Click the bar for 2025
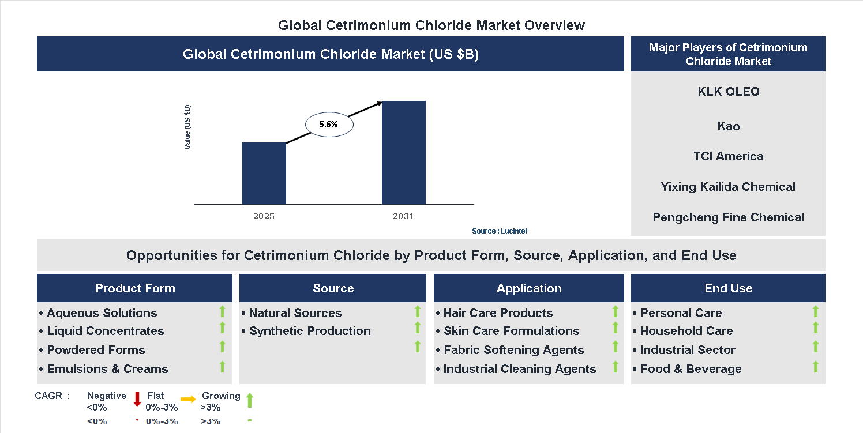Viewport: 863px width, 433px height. click(264, 173)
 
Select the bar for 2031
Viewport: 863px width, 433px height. click(404, 152)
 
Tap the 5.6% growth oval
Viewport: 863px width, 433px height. click(328, 125)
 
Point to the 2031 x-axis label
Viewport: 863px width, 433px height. click(404, 217)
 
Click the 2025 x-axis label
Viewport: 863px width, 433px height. click(264, 217)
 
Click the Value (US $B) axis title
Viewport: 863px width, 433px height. click(187, 127)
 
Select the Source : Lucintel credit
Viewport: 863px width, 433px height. click(499, 231)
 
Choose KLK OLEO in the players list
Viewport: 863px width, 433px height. click(728, 92)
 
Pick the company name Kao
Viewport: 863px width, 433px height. click(728, 126)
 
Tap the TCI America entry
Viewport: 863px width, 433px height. click(728, 156)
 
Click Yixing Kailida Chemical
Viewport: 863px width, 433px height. click(728, 187)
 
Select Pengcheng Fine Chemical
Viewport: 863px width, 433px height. click(728, 217)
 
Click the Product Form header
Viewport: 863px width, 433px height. click(135, 288)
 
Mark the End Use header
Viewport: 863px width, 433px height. click(728, 288)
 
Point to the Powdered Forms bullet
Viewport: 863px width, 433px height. click(96, 350)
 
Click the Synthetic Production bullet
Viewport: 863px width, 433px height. click(310, 331)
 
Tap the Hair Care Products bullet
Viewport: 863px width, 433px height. click(498, 313)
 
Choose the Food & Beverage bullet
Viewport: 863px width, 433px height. click(691, 369)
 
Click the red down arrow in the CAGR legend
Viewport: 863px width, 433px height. click(137, 399)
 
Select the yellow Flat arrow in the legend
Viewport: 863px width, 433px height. click(188, 399)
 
